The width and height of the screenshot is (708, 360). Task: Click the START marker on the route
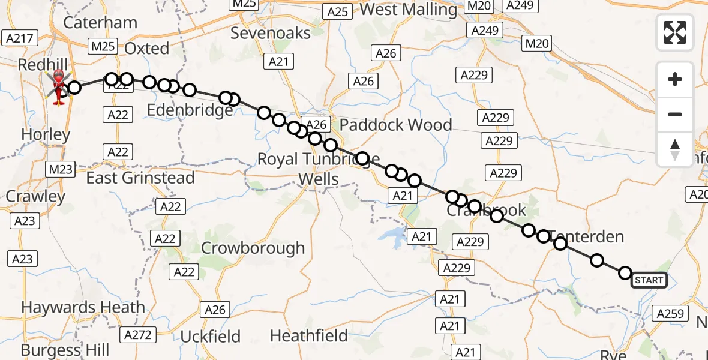pos(649,280)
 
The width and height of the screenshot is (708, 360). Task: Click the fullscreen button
pos(675,32)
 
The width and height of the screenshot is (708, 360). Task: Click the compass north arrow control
pos(675,149)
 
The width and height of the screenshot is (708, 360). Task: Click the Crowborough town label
pos(253,248)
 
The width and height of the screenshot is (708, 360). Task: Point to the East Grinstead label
pos(140,178)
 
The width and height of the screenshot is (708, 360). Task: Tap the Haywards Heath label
pos(83,308)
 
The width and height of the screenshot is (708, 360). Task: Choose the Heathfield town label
pos(309,335)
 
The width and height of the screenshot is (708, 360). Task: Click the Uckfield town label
pos(211,336)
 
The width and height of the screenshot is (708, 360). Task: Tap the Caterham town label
pos(100,23)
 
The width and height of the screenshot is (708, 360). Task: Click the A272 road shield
pos(137,334)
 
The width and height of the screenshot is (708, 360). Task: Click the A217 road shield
pos(20,38)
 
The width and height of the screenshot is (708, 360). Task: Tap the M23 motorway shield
pos(60,169)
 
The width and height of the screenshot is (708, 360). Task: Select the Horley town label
pos(46,134)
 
